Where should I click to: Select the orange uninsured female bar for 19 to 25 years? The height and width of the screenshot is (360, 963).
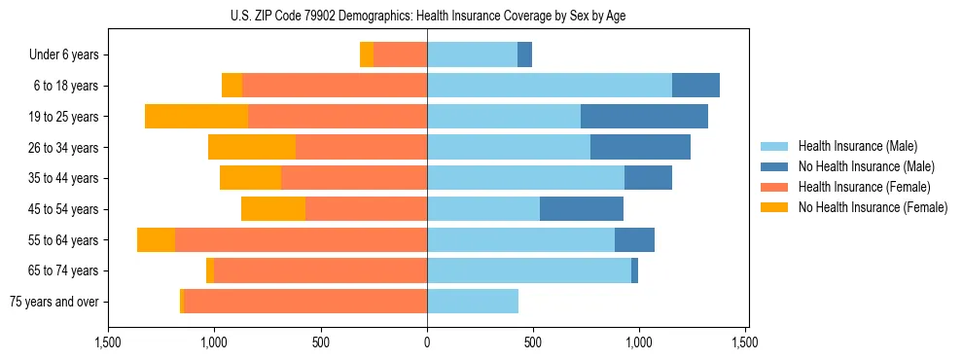(196, 117)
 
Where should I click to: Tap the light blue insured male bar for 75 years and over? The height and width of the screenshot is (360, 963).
(473, 302)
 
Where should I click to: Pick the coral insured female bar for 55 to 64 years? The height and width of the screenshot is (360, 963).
(301, 240)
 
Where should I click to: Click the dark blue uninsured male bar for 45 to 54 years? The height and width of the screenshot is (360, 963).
(582, 209)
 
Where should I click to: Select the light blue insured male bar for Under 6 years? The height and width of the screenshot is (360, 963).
(472, 55)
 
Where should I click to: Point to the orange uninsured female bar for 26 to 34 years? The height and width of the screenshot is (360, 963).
(252, 148)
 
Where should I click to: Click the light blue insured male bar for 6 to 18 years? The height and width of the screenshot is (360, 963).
(550, 86)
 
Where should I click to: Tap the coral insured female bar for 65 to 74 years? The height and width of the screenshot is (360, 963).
(320, 270)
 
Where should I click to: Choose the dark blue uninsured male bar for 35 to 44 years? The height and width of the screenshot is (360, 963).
(648, 178)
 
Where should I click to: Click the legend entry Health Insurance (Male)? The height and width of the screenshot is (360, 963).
(857, 146)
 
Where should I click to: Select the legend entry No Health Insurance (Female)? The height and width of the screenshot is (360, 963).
(873, 207)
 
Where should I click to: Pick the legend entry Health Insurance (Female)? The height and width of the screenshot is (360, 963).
(864, 187)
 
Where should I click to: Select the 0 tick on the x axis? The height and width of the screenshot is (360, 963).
(427, 342)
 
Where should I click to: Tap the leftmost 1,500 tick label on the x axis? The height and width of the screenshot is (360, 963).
(108, 342)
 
